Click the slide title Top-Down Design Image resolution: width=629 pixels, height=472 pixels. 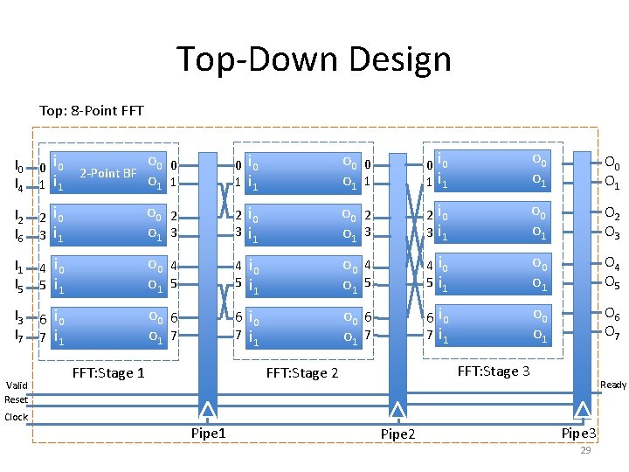point(314,60)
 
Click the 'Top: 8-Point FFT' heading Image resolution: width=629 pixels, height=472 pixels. point(92,111)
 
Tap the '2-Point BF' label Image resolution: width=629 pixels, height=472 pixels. point(107,173)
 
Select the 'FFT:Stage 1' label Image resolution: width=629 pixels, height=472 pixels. point(108,373)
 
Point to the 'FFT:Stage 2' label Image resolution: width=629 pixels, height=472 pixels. point(301,373)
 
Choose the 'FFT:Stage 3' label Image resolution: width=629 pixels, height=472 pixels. point(494,371)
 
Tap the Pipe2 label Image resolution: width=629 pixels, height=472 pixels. point(397,434)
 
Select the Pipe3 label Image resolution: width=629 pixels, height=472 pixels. point(579,433)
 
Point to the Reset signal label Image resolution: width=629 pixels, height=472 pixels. point(17,399)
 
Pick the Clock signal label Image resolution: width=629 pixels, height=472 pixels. point(17,417)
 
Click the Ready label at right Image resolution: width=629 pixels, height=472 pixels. point(612,385)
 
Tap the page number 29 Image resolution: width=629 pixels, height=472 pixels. point(585,450)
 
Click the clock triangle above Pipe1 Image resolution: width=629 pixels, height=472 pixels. point(208,411)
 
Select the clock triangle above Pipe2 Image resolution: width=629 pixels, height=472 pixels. point(398,411)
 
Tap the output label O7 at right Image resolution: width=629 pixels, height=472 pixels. point(612,331)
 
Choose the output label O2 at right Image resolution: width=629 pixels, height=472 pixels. point(612,216)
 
